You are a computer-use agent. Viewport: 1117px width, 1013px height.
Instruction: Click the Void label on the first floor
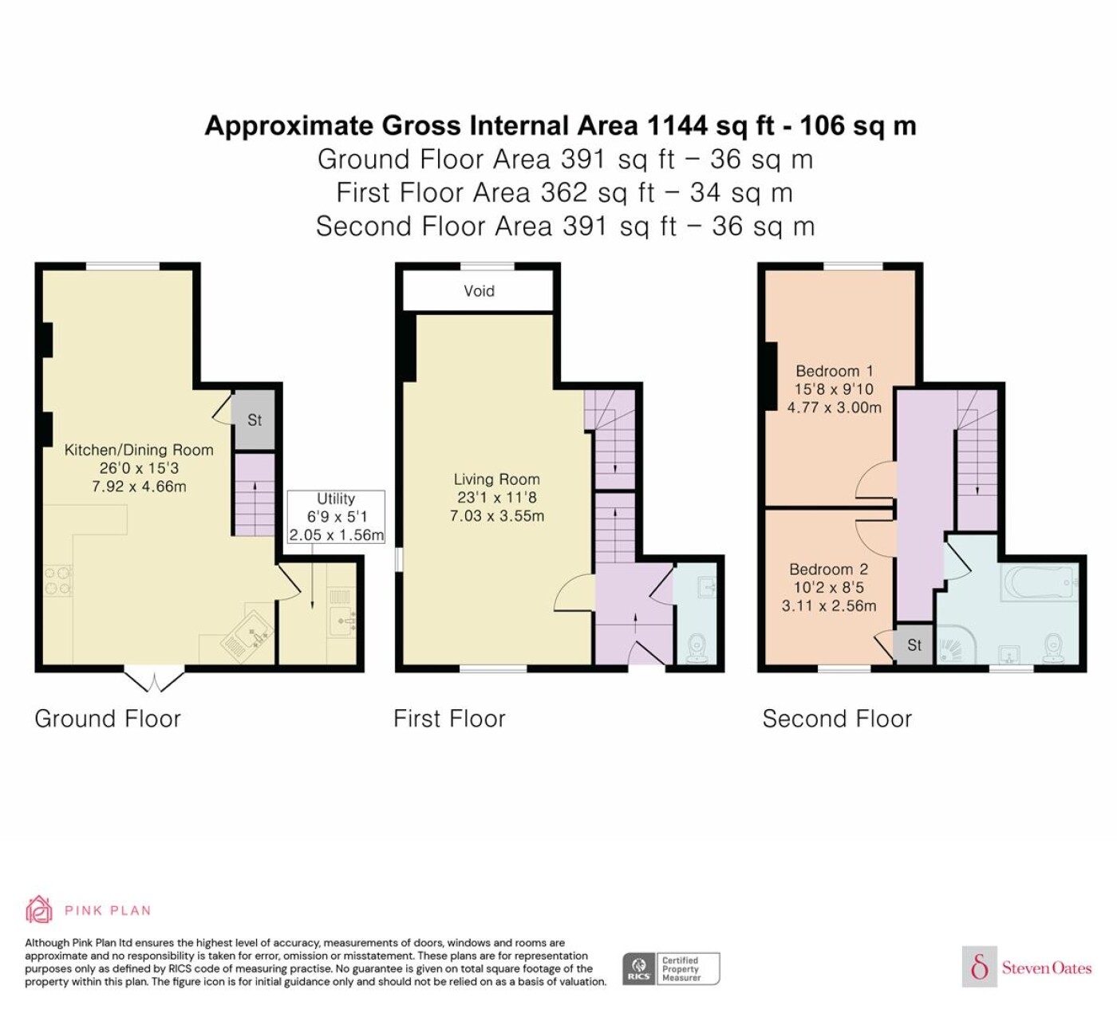[x=479, y=290]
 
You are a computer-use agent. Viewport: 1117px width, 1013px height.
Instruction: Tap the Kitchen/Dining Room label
[x=139, y=450]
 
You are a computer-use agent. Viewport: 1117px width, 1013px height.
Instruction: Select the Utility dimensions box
[x=336, y=517]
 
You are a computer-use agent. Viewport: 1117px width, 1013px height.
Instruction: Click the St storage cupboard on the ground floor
[x=254, y=420]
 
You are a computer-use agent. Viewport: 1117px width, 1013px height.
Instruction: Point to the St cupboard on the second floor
[x=914, y=644]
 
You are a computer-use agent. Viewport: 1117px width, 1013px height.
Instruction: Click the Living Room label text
[x=497, y=479]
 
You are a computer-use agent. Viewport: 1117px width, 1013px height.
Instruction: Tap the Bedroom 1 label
[x=834, y=371]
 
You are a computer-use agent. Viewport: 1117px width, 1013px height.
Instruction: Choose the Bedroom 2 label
[x=828, y=570]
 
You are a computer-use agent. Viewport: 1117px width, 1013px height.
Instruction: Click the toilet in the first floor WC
[x=697, y=649]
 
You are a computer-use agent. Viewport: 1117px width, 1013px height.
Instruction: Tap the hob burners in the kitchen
[x=58, y=581]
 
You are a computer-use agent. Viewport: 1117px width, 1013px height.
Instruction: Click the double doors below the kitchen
[x=154, y=679]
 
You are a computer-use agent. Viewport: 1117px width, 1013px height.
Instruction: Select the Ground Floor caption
[x=108, y=719]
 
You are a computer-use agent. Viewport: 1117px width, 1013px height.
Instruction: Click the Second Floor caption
[x=837, y=719]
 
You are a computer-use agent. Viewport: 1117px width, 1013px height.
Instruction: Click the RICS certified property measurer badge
[x=671, y=969]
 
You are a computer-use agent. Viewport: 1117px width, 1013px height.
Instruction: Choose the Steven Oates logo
[x=1027, y=967]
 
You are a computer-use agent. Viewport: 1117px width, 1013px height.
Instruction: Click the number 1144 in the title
[x=677, y=125]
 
